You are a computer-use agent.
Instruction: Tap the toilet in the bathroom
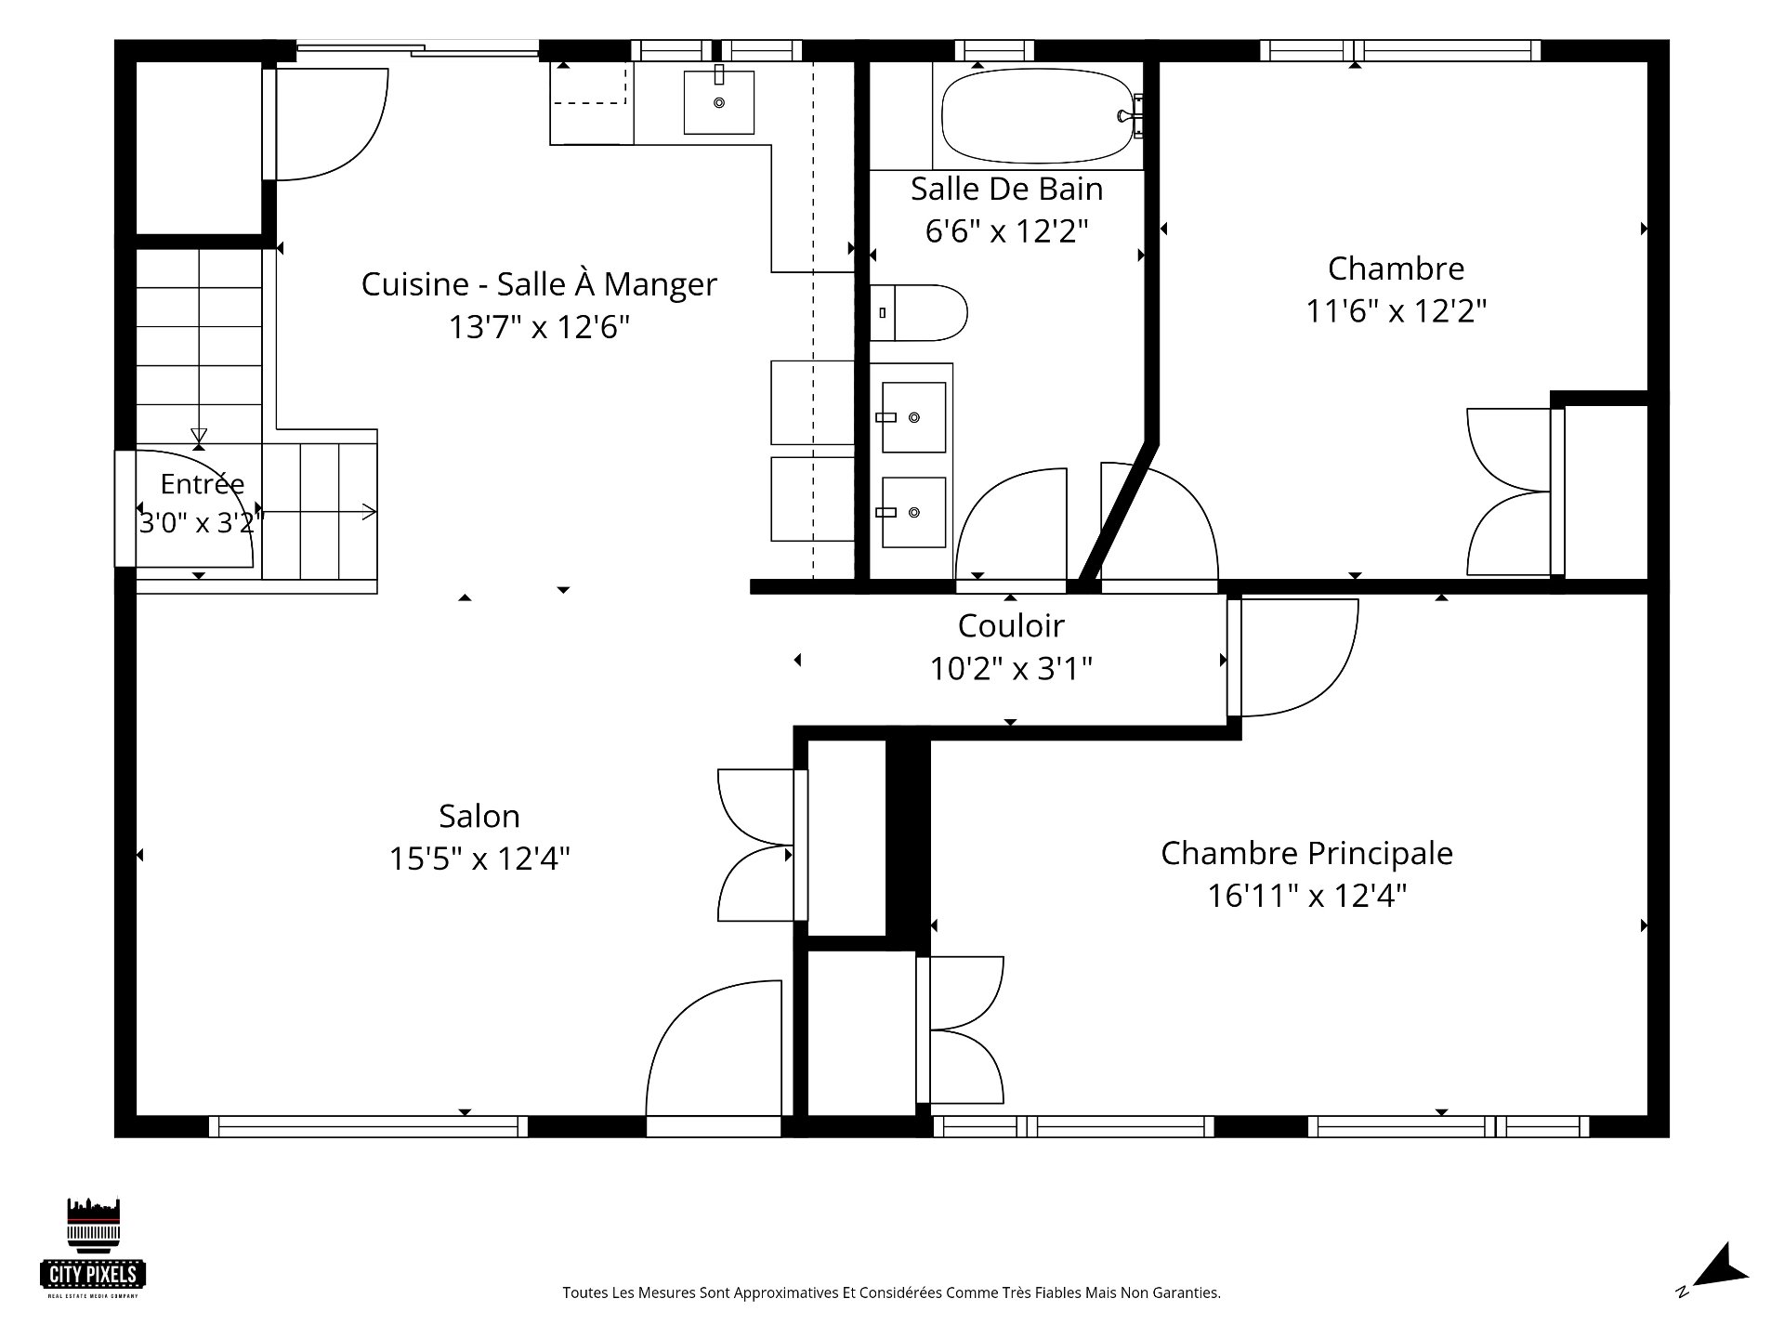pos(918,312)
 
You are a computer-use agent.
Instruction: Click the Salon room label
pos(479,816)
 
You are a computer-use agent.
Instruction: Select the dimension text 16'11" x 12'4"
pos(1307,896)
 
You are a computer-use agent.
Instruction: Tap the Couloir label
pos(1011,625)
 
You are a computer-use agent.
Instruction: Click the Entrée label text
pos(203,483)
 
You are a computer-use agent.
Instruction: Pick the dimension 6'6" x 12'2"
pos(1006,230)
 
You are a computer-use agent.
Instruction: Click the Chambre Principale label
pos(1306,853)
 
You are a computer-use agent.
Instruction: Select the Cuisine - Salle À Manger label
pos(539,283)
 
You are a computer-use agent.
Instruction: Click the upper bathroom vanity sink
pos(913,417)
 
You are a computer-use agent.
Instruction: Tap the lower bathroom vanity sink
pos(913,512)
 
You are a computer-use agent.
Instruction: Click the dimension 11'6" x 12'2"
pos(1397,310)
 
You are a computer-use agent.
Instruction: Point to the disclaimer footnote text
pos(891,1292)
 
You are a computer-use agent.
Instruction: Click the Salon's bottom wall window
pos(368,1126)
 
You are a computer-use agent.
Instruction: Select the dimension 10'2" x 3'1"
pos(1011,668)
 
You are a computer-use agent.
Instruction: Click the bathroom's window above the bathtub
pos(994,50)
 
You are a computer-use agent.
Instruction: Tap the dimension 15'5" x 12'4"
pos(479,859)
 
